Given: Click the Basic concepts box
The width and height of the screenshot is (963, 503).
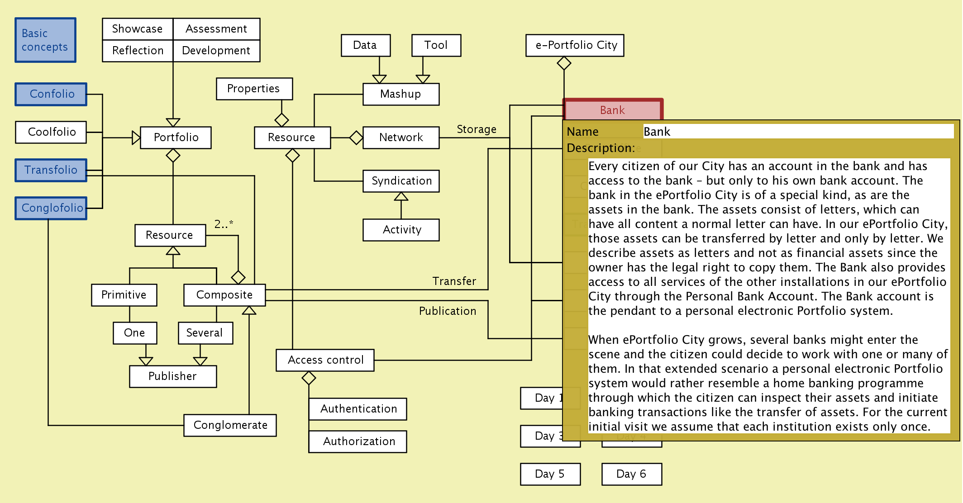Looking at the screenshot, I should pos(45,40).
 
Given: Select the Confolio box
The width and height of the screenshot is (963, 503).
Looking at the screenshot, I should pos(51,94).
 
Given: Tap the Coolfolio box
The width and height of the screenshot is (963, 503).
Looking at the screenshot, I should pos(51,132).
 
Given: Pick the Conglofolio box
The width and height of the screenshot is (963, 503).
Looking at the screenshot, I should pos(51,208).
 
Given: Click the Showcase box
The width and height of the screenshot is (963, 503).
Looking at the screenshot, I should pos(138,29).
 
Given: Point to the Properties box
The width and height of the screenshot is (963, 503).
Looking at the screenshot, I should pos(254,89).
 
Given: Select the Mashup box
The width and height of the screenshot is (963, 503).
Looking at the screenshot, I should pos(400,94).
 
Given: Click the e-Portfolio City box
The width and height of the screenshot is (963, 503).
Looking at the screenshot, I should pos(575,45).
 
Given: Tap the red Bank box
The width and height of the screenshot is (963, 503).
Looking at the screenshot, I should pos(613,110).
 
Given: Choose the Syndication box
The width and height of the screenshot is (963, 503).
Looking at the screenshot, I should pos(401,181).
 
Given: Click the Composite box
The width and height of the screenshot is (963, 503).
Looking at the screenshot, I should pos(224,295).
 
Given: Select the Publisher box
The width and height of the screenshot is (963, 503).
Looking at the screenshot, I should pos(173,376).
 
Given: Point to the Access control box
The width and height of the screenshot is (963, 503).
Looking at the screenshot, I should pos(325,360).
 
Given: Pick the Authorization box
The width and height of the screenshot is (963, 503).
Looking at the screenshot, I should pos(358,441).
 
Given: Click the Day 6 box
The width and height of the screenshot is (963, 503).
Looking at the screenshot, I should pos(632,474).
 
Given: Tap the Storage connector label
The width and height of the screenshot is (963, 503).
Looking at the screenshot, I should pos(476,129).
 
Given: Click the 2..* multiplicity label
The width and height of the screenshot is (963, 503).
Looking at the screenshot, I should pos(224,224).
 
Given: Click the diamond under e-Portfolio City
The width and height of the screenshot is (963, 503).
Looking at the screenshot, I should pos(564,63).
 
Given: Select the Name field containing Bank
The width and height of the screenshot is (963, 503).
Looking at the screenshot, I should pos(798,132).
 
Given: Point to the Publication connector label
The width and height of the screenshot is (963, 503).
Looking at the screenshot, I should pos(447,311).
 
